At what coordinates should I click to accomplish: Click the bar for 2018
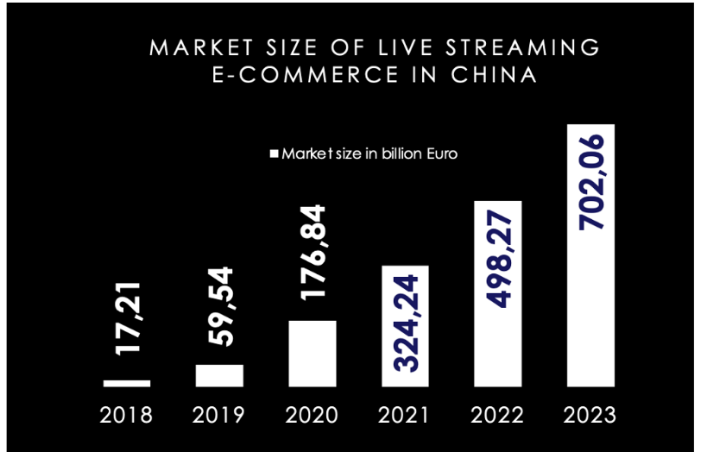(127, 382)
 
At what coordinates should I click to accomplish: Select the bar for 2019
(219, 375)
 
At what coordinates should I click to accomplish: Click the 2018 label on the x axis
(126, 415)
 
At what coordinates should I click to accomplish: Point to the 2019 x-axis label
(219, 415)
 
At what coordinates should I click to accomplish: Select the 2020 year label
(312, 415)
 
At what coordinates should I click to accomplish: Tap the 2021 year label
(404, 415)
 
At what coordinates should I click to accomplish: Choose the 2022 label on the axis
(497, 415)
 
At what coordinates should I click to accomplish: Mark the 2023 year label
(590, 415)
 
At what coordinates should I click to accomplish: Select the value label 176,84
(313, 251)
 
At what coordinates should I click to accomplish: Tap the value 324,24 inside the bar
(405, 323)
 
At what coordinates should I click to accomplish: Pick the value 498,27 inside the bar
(498, 260)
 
